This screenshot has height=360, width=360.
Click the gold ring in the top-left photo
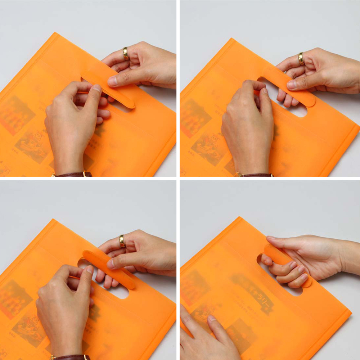126,53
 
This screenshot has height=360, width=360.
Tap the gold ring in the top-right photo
301,59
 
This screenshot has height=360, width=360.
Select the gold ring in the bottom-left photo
122,241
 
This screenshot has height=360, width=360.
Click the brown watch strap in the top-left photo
72,175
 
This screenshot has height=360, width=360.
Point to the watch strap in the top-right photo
254,175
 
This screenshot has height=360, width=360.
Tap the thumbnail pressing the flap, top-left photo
112,81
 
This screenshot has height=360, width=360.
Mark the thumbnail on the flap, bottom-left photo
111,264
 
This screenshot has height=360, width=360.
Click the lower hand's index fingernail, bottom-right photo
212,318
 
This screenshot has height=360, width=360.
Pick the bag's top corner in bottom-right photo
239,218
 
